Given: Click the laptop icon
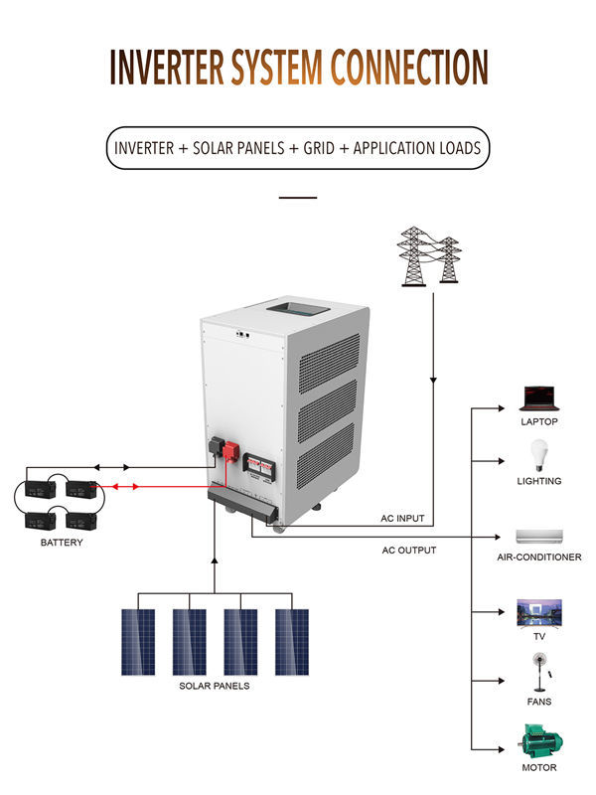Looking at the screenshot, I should tap(539, 399).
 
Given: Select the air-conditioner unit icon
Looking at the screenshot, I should tap(539, 535).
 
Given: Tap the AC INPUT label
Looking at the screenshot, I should tap(403, 519).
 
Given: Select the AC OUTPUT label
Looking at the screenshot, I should tap(408, 550).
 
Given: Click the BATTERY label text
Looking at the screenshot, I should tap(62, 543).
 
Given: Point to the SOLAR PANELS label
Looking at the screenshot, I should tap(215, 686).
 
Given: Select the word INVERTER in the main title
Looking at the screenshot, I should tap(167, 66).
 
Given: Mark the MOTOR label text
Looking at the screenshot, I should tap(539, 767).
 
